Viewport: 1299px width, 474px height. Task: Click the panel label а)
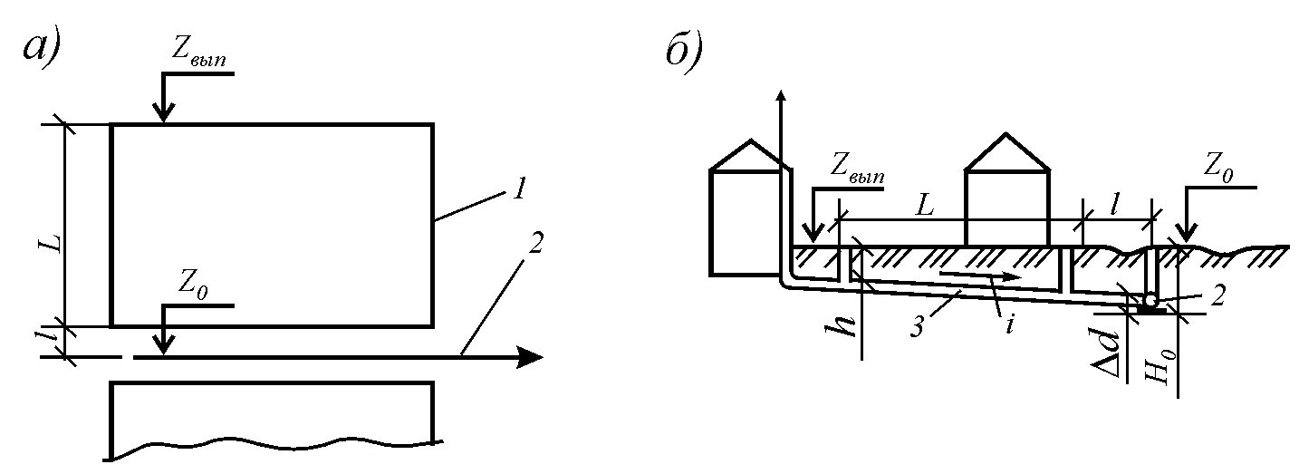[x=42, y=46]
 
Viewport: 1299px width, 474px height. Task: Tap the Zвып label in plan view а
[x=198, y=53]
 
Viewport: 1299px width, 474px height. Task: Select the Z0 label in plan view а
[x=193, y=285]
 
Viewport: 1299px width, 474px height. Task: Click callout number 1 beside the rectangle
[x=519, y=189]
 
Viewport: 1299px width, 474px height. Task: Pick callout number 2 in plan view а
[x=535, y=243]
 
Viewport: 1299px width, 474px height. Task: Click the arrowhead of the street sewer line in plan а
[x=530, y=357]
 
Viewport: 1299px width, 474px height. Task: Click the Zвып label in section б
[x=858, y=169]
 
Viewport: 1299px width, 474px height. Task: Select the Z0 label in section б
[x=1218, y=169]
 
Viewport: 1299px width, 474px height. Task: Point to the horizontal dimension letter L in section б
[x=925, y=205]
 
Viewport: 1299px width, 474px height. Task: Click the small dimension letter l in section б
[x=1114, y=205]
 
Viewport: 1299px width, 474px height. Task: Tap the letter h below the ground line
[x=841, y=326]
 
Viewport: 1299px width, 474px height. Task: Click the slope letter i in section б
[x=1010, y=324]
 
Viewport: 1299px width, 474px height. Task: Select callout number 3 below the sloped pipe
[x=917, y=327]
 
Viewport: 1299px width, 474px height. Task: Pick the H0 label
[x=1158, y=365]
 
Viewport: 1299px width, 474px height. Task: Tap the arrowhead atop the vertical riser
[x=783, y=98]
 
